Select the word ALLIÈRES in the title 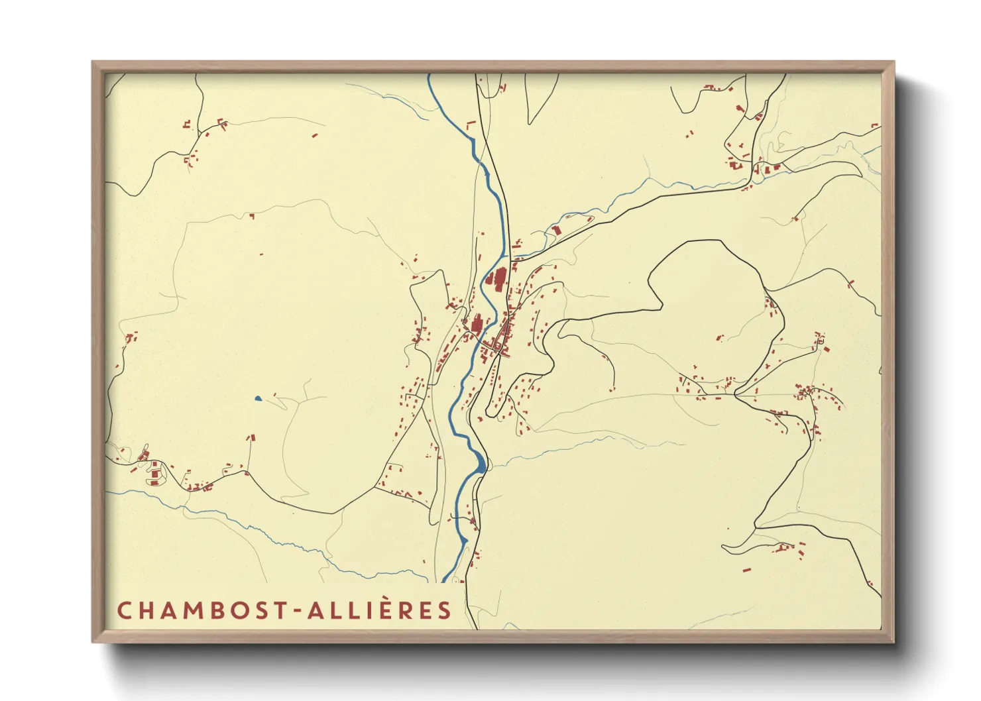(378, 610)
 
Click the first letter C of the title (123, 610)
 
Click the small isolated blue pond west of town (258, 398)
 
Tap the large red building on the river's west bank (476, 325)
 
